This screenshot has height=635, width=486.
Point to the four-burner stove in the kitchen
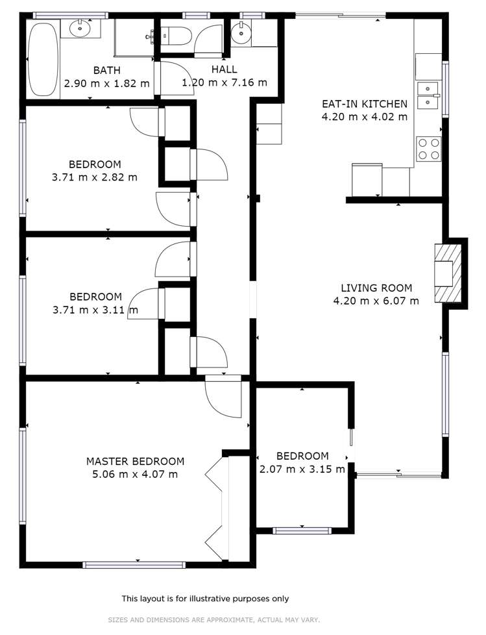tap(428, 149)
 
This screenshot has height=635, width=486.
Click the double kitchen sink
tap(428, 95)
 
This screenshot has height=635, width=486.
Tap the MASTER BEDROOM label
tap(135, 462)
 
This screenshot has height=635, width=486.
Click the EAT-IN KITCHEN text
tap(365, 104)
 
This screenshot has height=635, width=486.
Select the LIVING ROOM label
tap(376, 288)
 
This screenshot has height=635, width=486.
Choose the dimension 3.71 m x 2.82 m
tap(95, 177)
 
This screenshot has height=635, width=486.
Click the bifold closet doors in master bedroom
tap(215, 506)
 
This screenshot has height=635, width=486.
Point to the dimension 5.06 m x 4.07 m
tap(135, 474)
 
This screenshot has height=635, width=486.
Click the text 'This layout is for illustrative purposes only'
tap(205, 599)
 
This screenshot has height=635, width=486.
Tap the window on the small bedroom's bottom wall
tap(302, 530)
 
